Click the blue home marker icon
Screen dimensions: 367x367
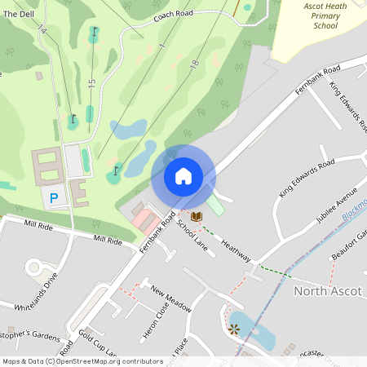pyautogui.click(x=183, y=176)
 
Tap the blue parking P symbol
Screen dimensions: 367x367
pyautogui.click(x=55, y=197)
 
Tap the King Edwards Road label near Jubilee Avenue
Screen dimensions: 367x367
pyautogui.click(x=306, y=179)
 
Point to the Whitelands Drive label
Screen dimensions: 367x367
pyautogui.click(x=37, y=293)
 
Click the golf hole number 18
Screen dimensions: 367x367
pyautogui.click(x=194, y=63)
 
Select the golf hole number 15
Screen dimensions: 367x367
pyautogui.click(x=92, y=83)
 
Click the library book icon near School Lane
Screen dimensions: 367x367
pyautogui.click(x=196, y=216)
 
